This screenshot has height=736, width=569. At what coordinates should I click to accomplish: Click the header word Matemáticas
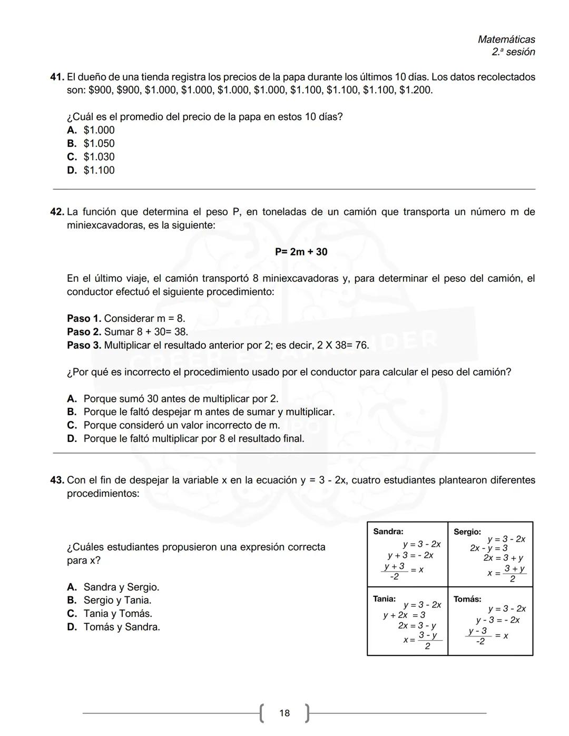coord(506,40)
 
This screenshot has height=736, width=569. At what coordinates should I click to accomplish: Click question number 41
coord(57,77)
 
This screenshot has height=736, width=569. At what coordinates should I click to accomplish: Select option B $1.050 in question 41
coord(91,143)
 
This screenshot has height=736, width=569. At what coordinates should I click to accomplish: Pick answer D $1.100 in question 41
coord(91,170)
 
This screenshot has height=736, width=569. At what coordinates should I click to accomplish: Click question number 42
coord(57,212)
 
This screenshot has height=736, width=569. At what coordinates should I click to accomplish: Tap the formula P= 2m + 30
coord(301,252)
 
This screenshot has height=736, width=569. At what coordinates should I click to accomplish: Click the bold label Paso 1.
coord(84,318)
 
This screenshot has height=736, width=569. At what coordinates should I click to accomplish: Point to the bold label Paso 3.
coord(84,345)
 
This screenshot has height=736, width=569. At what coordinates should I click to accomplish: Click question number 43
coord(57,480)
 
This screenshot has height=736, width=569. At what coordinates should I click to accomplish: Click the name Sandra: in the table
coord(388,532)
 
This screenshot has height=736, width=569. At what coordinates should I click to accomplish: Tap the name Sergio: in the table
coord(467,532)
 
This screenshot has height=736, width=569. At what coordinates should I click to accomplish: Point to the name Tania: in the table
coord(385,598)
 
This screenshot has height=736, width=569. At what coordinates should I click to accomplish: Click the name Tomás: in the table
coord(467,599)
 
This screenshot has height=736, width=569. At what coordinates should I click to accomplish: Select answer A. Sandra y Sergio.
coord(113,587)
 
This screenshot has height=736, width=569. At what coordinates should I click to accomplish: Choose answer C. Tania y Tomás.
coord(110,613)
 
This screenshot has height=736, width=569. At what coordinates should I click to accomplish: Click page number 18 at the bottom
coord(284,713)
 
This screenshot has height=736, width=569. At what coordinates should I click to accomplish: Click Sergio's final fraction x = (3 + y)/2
coord(507,574)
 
